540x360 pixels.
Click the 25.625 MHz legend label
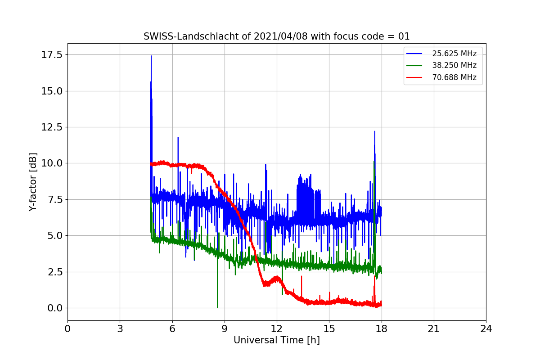click(x=454, y=54)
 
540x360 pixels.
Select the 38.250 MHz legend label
click(x=454, y=65)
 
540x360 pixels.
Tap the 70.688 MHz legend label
click(x=454, y=77)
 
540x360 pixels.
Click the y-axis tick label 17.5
click(x=52, y=55)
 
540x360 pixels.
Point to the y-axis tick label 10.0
click(x=52, y=163)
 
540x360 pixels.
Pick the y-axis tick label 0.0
click(x=54, y=308)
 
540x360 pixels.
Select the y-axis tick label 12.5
click(x=52, y=127)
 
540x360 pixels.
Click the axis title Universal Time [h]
click(x=276, y=340)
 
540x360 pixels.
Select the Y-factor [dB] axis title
click(x=32, y=182)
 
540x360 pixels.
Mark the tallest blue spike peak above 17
click(x=151, y=56)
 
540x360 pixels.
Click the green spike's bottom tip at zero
click(x=217, y=307)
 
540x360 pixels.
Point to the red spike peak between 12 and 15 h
click(x=301, y=276)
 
